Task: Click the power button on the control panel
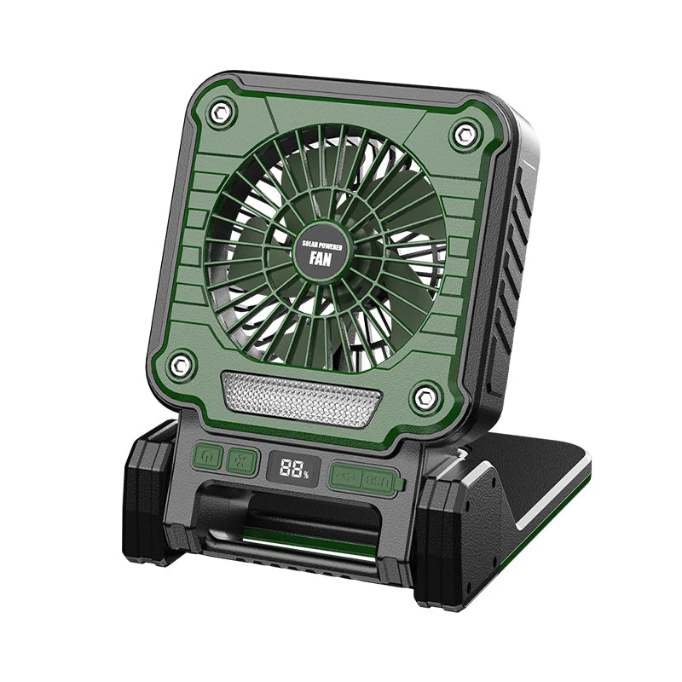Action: coord(207,457)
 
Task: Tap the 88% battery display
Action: coord(289,468)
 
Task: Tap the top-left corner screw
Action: coord(221,110)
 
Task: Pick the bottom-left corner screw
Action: coord(179,364)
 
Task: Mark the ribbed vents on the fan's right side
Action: coord(511,281)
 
